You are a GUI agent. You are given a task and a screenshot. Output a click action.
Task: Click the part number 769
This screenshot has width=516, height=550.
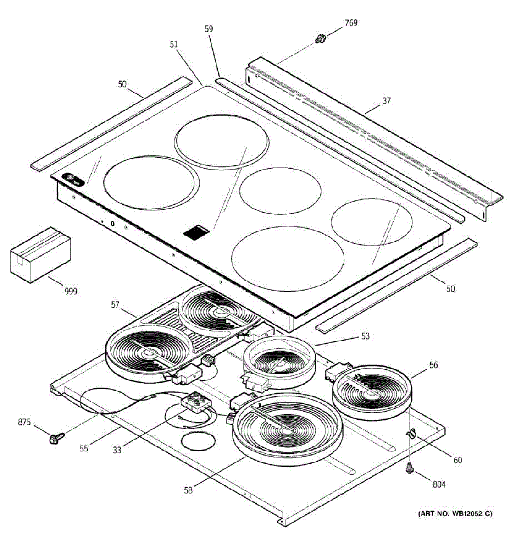click(351, 23)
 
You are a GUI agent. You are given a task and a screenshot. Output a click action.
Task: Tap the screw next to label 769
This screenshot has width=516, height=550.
click(320, 38)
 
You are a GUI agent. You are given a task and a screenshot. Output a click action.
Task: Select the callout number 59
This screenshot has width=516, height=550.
click(209, 29)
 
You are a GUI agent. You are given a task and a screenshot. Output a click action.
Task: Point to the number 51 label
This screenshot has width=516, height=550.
click(173, 44)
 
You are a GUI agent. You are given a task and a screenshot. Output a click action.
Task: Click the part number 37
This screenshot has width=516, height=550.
click(387, 101)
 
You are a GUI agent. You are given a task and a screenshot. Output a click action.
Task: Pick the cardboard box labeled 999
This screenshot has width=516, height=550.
click(40, 255)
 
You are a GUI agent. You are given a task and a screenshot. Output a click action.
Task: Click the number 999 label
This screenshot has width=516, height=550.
click(71, 291)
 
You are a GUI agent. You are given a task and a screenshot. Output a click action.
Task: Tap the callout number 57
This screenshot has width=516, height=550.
click(115, 305)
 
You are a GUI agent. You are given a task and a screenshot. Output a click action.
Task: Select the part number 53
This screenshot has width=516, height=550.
click(366, 336)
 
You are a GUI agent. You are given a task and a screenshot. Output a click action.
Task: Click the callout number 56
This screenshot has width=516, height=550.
click(433, 365)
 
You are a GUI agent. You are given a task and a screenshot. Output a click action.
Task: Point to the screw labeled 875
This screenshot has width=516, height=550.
click(56, 438)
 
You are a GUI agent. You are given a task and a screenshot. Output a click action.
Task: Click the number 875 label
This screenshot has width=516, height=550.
click(24, 422)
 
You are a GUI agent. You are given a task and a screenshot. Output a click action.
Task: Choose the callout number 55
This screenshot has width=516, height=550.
click(84, 449)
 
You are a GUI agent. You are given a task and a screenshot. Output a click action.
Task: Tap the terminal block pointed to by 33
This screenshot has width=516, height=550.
click(196, 402)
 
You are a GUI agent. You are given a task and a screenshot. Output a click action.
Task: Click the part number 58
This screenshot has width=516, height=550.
click(188, 490)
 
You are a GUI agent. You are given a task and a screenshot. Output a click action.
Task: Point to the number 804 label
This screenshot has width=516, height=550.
click(439, 484)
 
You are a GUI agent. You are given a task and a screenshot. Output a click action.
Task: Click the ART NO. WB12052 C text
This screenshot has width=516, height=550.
click(455, 513)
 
